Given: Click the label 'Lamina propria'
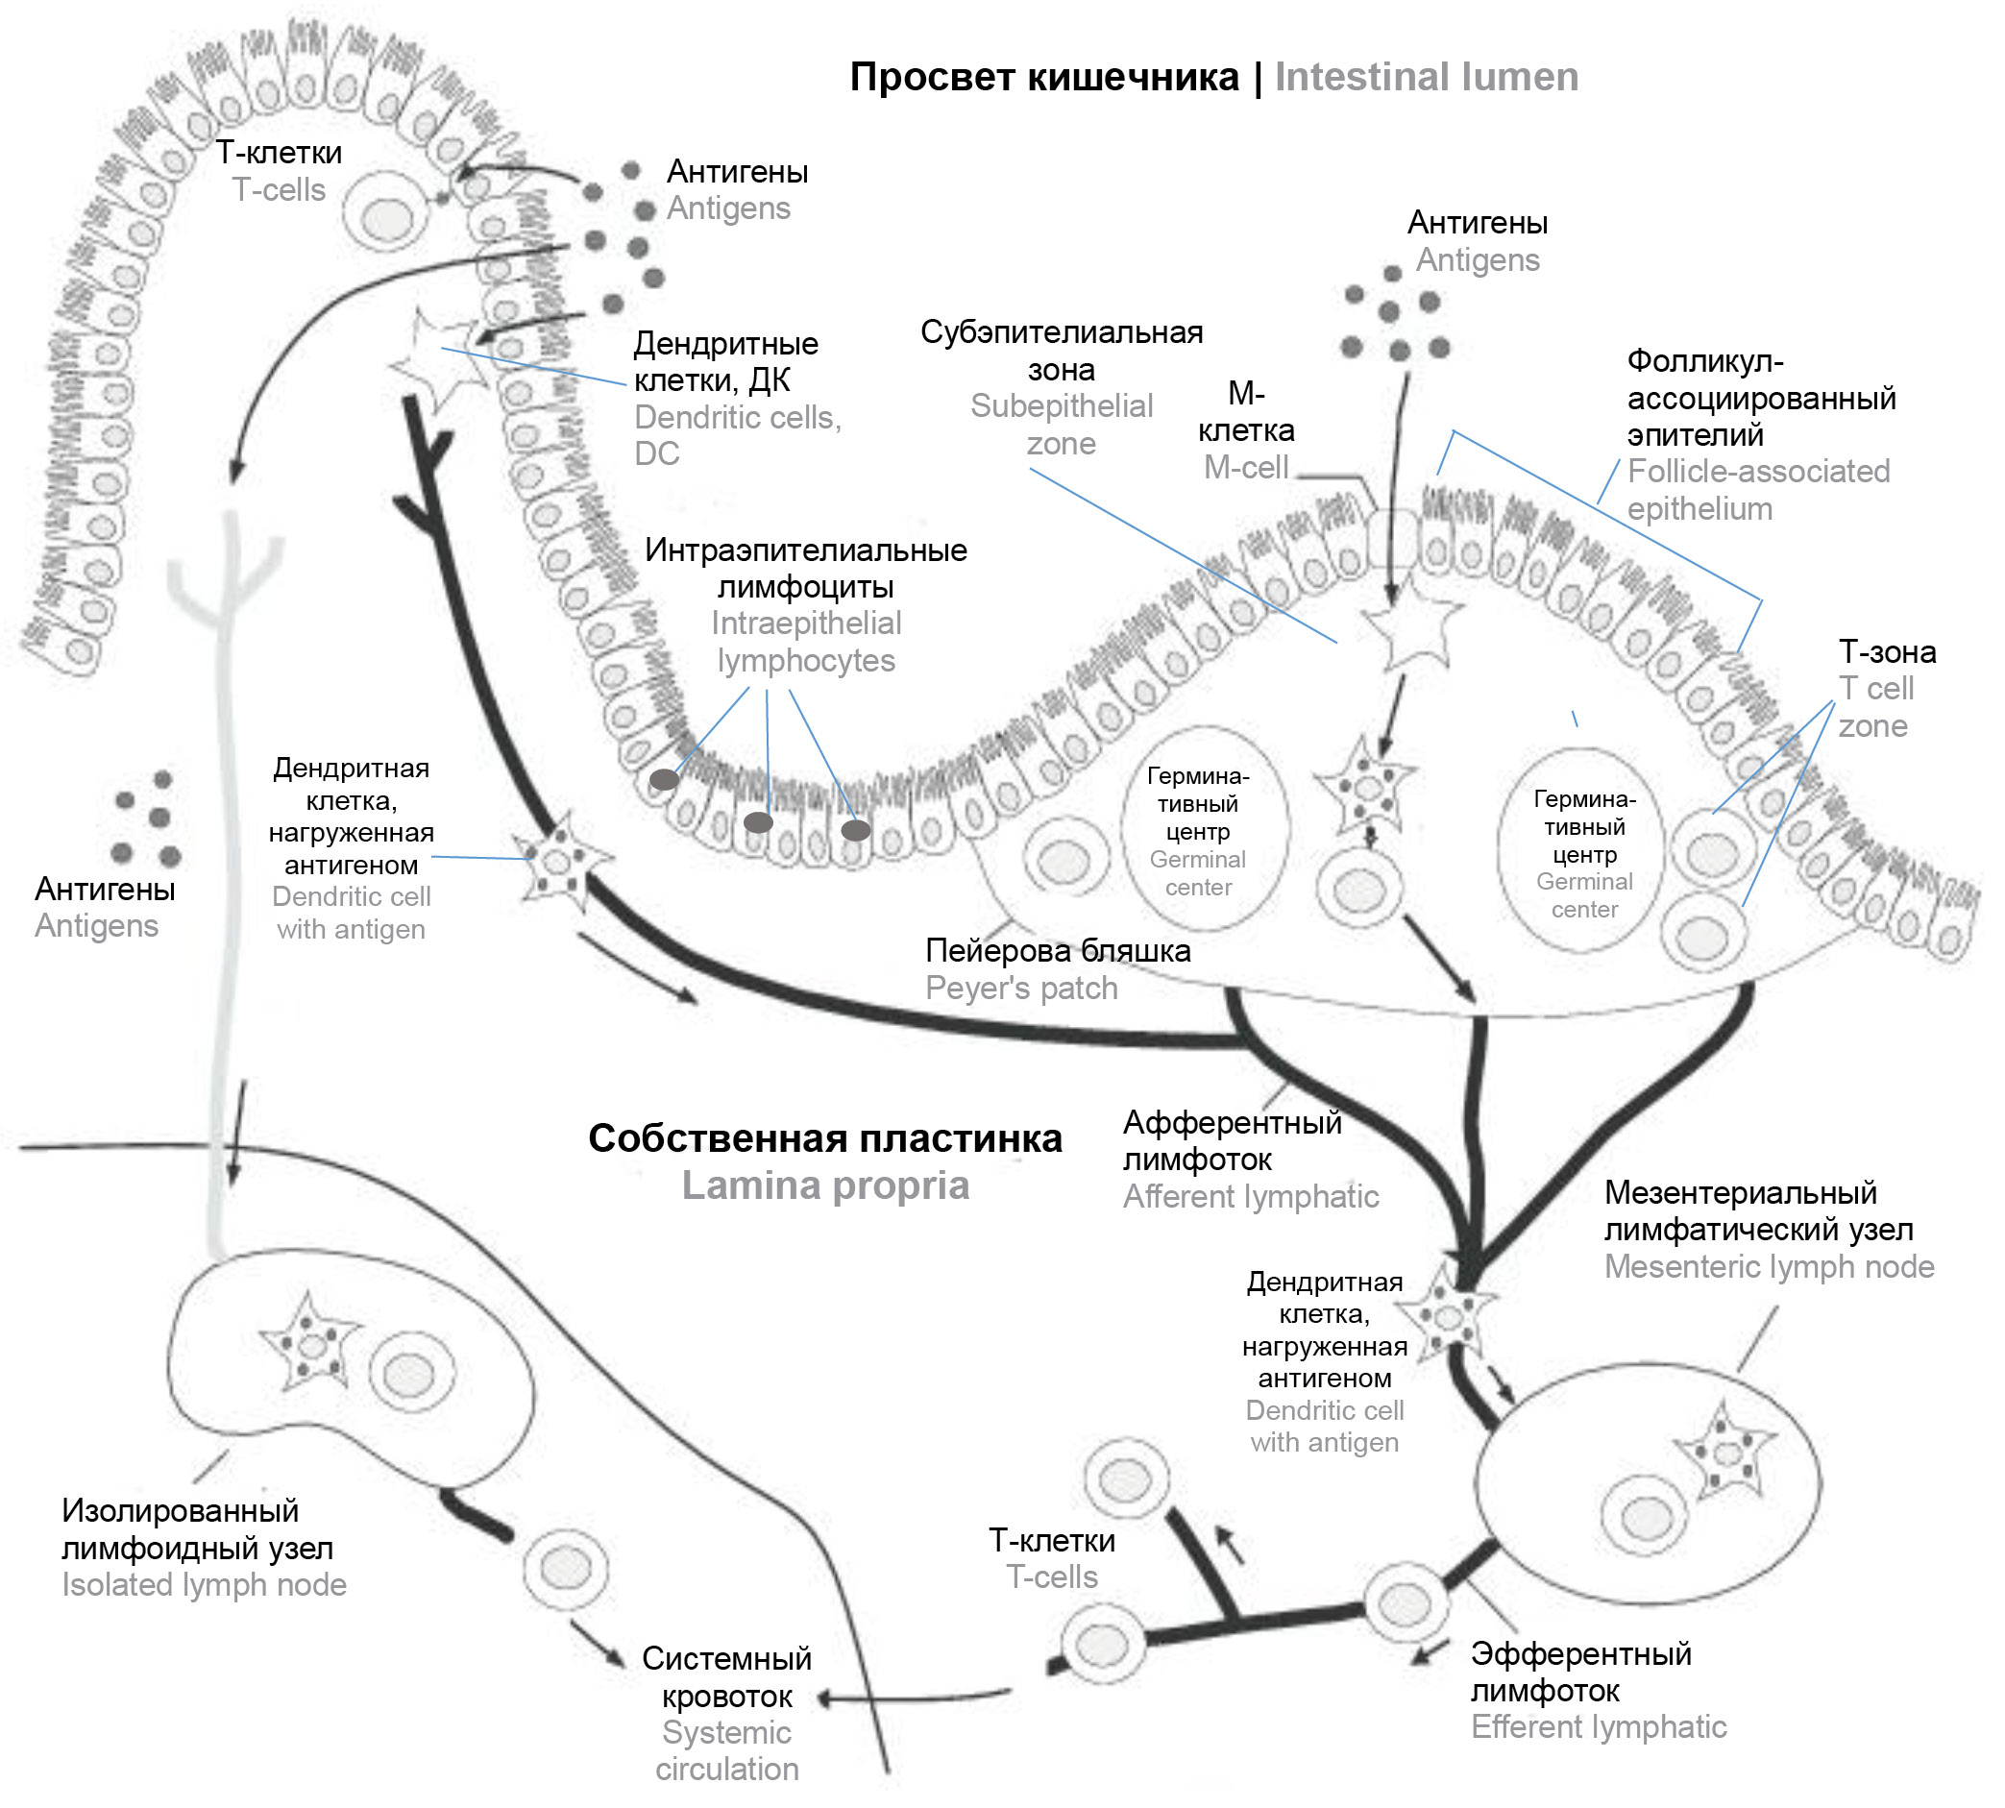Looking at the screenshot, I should tap(824, 1185).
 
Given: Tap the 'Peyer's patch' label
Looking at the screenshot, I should tap(1020, 989).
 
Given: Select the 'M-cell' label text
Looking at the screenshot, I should tap(1245, 467).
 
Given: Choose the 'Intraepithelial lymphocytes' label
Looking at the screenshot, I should tap(805, 642).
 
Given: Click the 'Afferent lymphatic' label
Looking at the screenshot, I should tap(1250, 1196).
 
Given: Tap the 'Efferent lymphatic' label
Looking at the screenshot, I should tap(1598, 1726).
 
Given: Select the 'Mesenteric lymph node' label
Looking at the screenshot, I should tap(1769, 1266).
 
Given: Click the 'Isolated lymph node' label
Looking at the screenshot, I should tap(204, 1584).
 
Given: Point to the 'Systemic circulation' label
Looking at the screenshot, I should tap(726, 1750).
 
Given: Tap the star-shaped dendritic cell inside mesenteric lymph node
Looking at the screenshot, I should tap(1724, 1453).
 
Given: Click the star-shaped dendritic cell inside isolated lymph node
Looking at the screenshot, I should tap(310, 1344).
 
